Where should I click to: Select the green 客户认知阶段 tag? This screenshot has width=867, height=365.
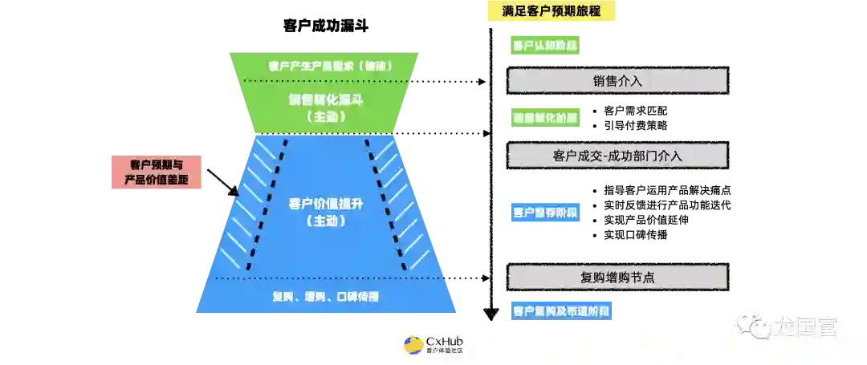pos(546,45)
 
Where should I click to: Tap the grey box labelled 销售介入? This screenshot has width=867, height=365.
pos(617,81)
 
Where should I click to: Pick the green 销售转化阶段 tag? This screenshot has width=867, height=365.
pos(546,117)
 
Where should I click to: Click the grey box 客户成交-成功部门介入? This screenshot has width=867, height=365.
pos(617,156)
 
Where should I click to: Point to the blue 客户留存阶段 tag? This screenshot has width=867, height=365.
pos(546,213)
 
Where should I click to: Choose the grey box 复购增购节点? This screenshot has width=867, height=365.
pos(617,277)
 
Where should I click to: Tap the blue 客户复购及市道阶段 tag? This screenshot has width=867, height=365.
pos(562,310)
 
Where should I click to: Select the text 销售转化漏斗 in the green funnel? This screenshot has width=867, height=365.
pos(325,99)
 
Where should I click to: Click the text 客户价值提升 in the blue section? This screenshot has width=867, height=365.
pos(325,203)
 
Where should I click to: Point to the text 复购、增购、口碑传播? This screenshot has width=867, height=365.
pos(325,297)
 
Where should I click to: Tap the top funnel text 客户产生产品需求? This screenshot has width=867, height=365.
pos(325,65)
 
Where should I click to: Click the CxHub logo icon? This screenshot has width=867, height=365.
pos(413,345)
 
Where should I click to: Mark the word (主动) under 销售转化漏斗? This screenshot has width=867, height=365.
pos(325,116)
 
